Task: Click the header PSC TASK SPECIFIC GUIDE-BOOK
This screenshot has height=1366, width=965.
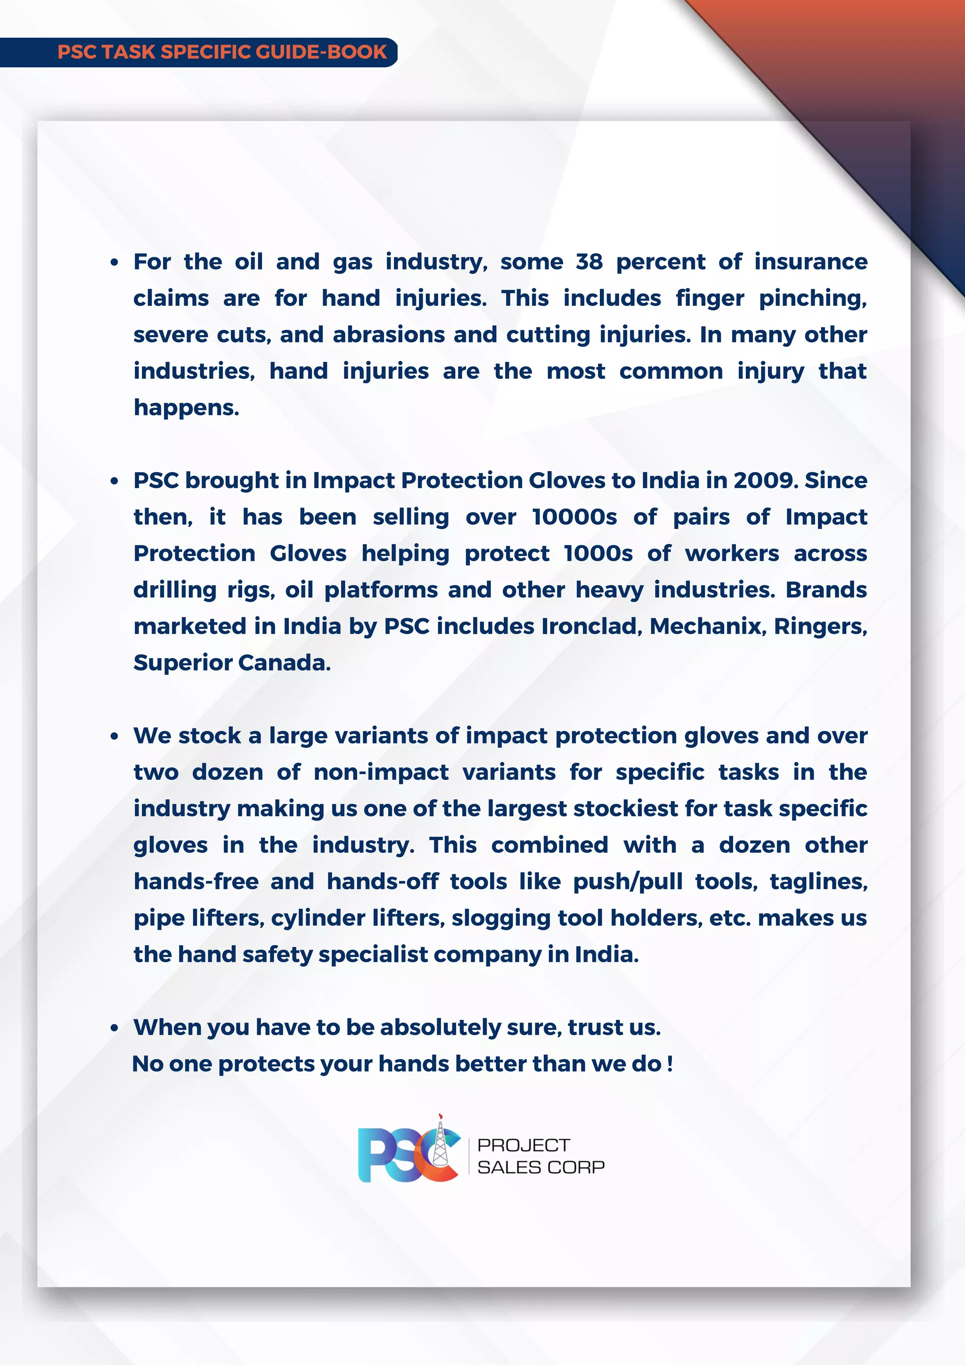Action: (222, 52)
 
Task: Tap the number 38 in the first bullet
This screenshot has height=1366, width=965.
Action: (589, 262)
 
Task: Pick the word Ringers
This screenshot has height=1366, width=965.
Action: (820, 627)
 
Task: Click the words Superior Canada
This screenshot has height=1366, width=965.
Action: (231, 663)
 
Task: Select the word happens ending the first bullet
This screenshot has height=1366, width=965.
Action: (186, 408)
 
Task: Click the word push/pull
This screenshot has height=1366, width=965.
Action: (628, 882)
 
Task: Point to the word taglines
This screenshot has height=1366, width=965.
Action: (818, 882)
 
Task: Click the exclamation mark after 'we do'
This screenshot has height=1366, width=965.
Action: (670, 1064)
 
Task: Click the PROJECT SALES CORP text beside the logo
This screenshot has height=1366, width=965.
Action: (540, 1156)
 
